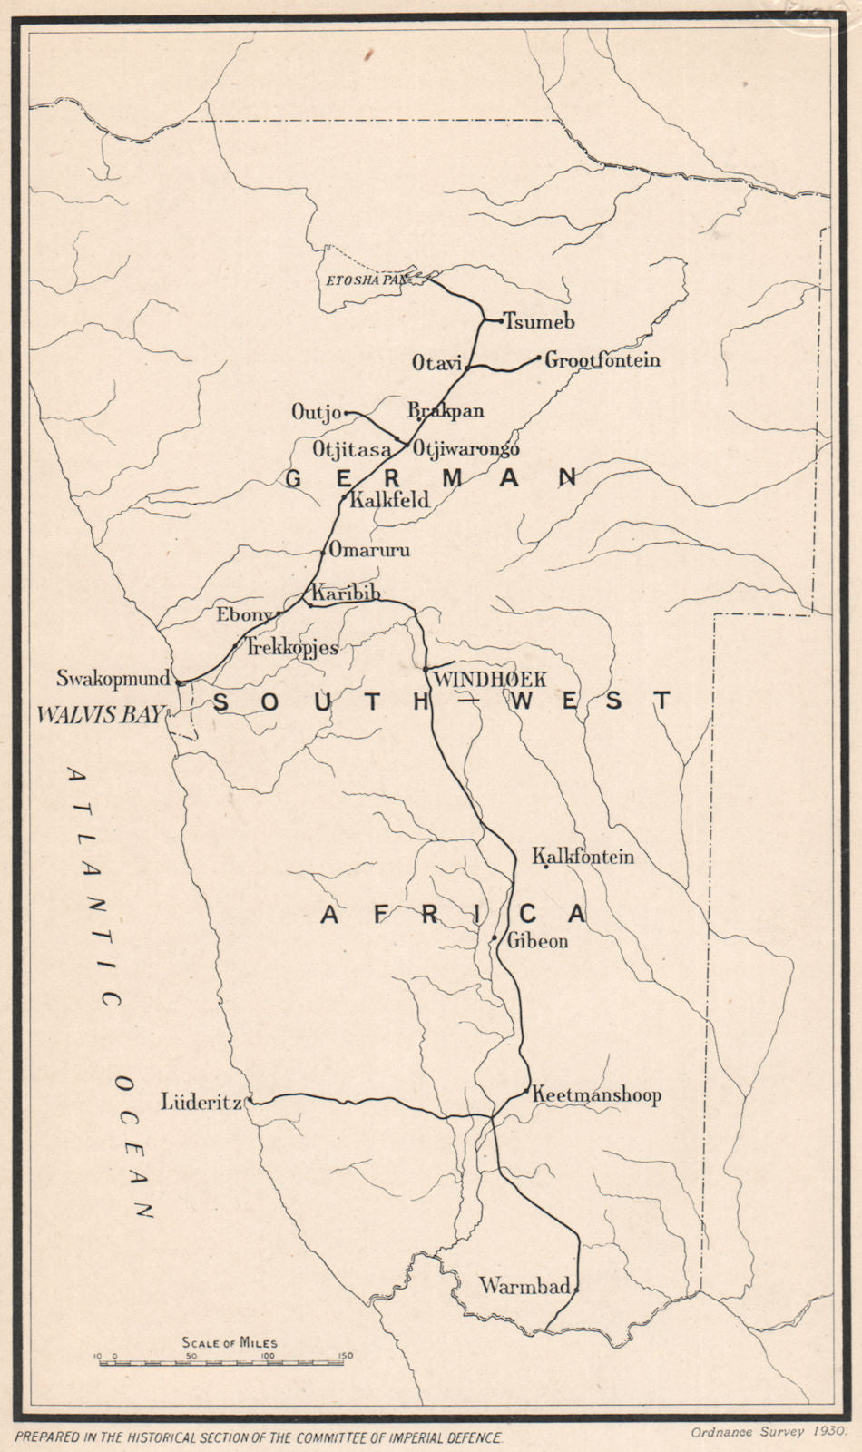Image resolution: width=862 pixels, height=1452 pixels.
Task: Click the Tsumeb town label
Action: pyautogui.click(x=539, y=321)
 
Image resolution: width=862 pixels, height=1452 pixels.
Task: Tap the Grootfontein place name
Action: pyautogui.click(x=602, y=359)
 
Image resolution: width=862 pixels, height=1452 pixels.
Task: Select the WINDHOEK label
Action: pyautogui.click(x=490, y=679)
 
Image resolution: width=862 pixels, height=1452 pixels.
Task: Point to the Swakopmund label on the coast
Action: pyautogui.click(x=113, y=677)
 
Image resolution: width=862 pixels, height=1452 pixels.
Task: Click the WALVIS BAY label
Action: pyautogui.click(x=100, y=714)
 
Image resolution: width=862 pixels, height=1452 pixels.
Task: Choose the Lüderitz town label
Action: pyautogui.click(x=201, y=1103)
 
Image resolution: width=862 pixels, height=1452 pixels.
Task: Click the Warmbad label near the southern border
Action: pyautogui.click(x=524, y=1285)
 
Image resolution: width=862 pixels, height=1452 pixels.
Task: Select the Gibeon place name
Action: pyautogui.click(x=537, y=941)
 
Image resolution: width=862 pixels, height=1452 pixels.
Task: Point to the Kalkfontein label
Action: pyautogui.click(x=583, y=856)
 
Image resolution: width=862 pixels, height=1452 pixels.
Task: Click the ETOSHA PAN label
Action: pyautogui.click(x=363, y=280)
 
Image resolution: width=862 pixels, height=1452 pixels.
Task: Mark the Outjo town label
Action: pyautogui.click(x=316, y=412)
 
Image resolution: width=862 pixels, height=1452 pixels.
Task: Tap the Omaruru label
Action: pyautogui.click(x=369, y=549)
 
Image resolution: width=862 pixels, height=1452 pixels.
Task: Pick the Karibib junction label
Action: pyautogui.click(x=343, y=594)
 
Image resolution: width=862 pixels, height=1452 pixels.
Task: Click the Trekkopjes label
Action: pyautogui.click(x=292, y=647)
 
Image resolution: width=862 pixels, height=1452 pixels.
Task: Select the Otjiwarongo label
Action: pyautogui.click(x=466, y=448)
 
